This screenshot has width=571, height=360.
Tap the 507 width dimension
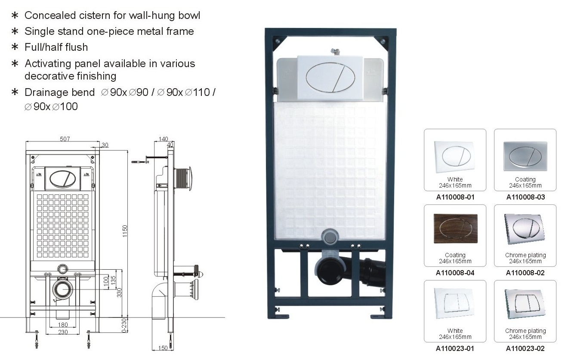tap(65, 139)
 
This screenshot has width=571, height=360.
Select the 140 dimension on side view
tap(163, 139)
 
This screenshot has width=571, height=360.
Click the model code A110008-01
tap(455, 197)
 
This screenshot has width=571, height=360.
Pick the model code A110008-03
tap(525, 197)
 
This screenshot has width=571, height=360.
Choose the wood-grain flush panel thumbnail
tap(455, 228)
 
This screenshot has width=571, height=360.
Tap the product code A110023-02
tap(525, 349)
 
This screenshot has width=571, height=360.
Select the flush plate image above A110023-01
tap(455, 303)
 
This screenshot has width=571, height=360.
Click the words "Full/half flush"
tap(56, 47)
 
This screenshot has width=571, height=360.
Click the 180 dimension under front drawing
tap(63, 325)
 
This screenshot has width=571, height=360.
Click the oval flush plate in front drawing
tap(62, 178)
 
